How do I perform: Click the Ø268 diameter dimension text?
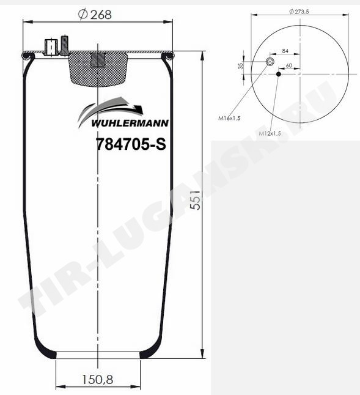[x=95, y=14]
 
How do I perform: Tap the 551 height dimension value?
[x=196, y=201]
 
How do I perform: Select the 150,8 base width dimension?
[x=97, y=380]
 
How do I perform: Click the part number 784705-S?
[x=131, y=144]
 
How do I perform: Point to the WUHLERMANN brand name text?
[x=130, y=123]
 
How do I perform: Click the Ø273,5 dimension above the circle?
[x=299, y=12]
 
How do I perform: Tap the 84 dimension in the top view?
[x=285, y=51]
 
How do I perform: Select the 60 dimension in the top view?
[x=289, y=66]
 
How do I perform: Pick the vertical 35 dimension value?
[x=241, y=66]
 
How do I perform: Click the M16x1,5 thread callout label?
[x=229, y=118]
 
